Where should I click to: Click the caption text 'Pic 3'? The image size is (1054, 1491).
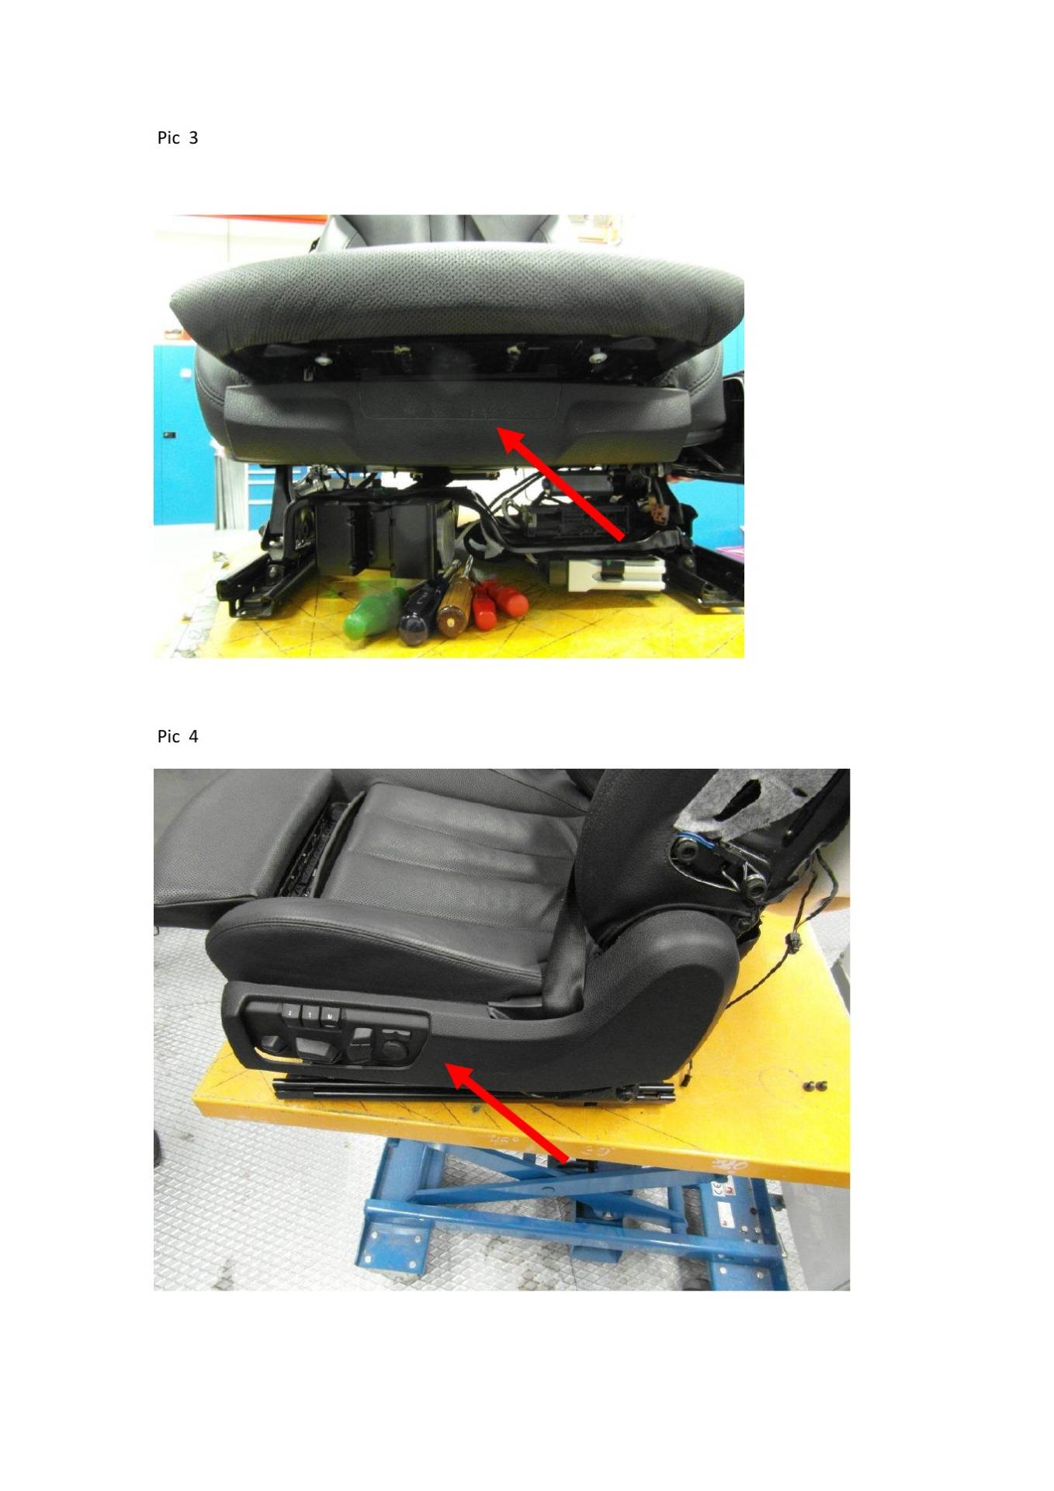pos(178,138)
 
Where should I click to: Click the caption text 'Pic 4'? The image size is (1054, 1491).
pos(178,736)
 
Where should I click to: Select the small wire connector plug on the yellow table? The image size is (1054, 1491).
pos(792,944)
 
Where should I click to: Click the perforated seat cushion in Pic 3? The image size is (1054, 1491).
pos(457,302)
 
